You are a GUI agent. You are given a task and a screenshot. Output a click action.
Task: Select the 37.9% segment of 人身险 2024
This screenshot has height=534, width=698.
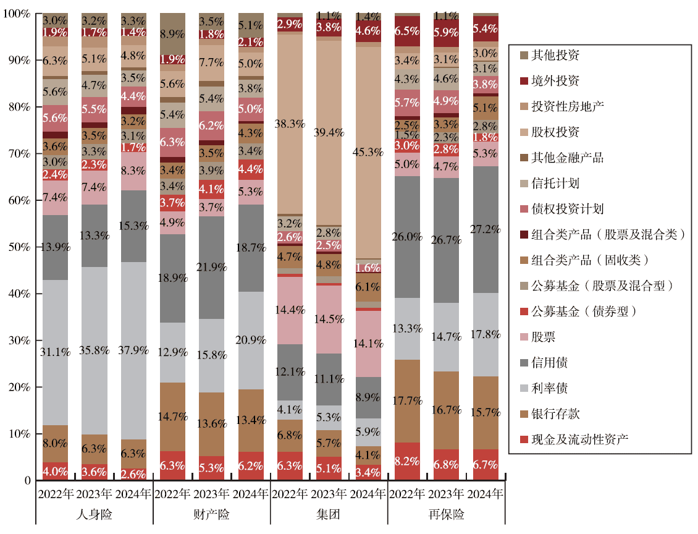click(x=134, y=350)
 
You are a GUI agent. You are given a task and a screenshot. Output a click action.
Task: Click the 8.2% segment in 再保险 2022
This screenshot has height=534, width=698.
click(x=406, y=461)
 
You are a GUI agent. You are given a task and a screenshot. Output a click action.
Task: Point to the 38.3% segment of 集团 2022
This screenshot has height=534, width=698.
click(x=290, y=124)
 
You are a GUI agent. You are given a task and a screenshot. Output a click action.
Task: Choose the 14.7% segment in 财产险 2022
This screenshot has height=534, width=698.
click(x=173, y=417)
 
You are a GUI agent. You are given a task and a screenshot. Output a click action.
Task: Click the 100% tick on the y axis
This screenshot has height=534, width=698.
click(x=17, y=14)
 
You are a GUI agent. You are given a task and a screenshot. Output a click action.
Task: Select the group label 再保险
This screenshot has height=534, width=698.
click(x=446, y=514)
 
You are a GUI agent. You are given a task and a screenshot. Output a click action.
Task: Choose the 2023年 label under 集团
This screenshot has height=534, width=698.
click(x=329, y=494)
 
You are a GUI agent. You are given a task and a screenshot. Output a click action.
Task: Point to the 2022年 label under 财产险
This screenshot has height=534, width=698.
click(x=173, y=494)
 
